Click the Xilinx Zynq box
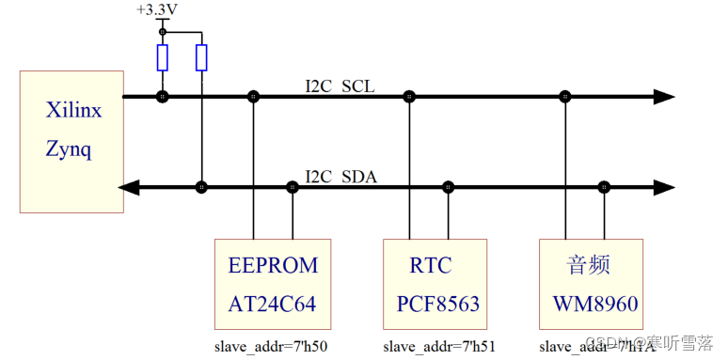point(72,141)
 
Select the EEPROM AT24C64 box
point(273,285)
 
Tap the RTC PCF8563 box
point(435,285)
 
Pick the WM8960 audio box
point(591,285)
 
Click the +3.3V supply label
point(156,10)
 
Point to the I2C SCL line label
point(340,86)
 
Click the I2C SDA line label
point(340,176)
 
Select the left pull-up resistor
point(163,58)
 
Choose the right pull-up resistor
point(201,58)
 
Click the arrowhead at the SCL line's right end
point(664,96)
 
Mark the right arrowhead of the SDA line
point(664,187)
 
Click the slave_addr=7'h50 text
point(271,346)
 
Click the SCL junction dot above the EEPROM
point(253,96)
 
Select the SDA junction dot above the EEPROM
point(293,187)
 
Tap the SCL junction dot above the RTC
point(409,96)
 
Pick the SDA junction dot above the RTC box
point(448,187)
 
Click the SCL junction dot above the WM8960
point(565,96)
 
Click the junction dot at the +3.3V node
point(163,32)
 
